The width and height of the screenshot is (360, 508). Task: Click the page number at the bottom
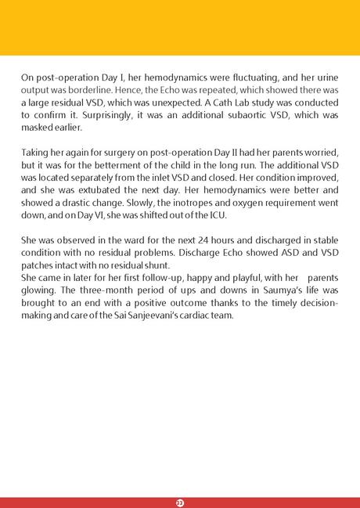pyautogui.click(x=179, y=500)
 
